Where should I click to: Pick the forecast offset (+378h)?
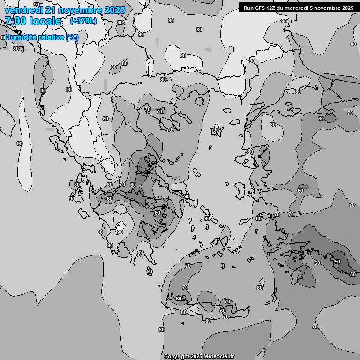tap(83, 21)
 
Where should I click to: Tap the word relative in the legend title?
tap(53, 37)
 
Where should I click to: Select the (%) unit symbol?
tap(72, 37)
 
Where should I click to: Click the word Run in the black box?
tap(248, 7)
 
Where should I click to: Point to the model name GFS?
tap(259, 7)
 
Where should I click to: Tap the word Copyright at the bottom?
tap(176, 357)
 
